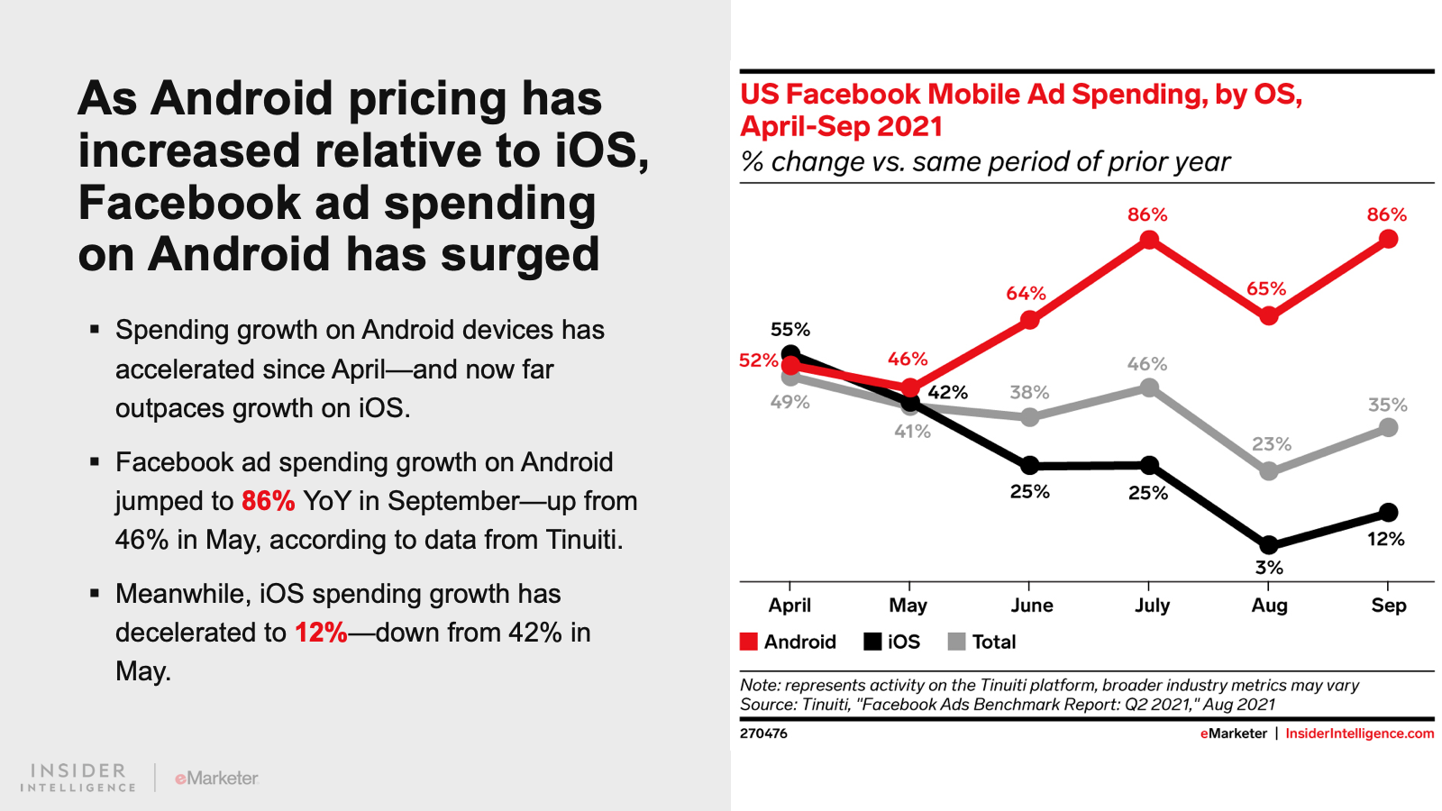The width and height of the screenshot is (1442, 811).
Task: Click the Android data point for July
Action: click(1149, 240)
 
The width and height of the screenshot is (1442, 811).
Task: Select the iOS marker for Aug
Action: click(1269, 545)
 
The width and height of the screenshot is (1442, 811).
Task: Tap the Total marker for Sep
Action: click(1389, 428)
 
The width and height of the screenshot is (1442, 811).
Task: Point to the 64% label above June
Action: click(1026, 294)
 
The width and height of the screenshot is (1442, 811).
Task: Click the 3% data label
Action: click(1269, 568)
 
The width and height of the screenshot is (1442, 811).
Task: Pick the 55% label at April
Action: click(790, 330)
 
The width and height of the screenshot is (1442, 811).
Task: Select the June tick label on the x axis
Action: click(1031, 606)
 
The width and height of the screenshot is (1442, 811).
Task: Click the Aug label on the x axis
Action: click(1269, 606)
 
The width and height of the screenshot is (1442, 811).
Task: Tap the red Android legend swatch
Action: click(749, 642)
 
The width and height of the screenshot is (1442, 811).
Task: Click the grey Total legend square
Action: click(957, 642)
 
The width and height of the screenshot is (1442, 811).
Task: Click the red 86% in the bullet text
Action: click(268, 501)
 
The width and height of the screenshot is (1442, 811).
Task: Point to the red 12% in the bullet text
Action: click(321, 633)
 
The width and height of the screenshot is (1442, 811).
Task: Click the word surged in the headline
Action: click(520, 254)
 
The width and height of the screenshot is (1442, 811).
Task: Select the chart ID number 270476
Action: click(763, 734)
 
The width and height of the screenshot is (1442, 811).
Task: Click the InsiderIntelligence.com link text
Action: click(1359, 734)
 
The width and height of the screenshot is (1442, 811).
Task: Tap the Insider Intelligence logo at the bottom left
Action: click(78, 778)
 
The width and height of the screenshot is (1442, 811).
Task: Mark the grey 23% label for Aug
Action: click(1271, 444)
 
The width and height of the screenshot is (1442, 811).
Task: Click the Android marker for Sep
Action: click(1389, 239)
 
